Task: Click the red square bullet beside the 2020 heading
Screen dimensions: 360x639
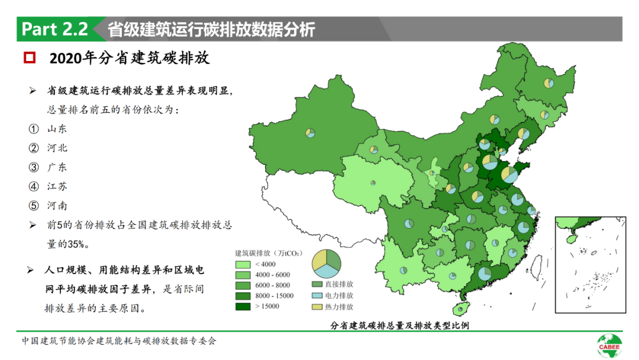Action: pyautogui.click(x=29, y=58)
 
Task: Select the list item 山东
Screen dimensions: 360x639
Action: pyautogui.click(x=57, y=129)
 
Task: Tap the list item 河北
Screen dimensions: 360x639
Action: pyautogui.click(x=57, y=148)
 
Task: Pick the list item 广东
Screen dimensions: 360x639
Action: pyautogui.click(x=57, y=167)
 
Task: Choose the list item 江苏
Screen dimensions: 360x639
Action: pyautogui.click(x=57, y=187)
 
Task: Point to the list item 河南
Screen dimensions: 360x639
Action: pyautogui.click(x=57, y=205)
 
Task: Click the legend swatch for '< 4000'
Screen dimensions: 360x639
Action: pyautogui.click(x=243, y=264)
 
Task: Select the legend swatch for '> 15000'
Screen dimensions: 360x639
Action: pyautogui.click(x=243, y=306)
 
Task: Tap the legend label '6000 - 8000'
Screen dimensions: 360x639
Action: pyautogui.click(x=272, y=285)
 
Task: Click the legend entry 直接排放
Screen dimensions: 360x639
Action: pyautogui.click(x=338, y=284)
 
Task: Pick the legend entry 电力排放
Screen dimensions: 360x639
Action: pyautogui.click(x=338, y=295)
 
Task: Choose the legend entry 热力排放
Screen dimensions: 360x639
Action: pyautogui.click(x=338, y=307)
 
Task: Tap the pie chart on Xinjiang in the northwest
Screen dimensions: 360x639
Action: pyautogui.click(x=311, y=133)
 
